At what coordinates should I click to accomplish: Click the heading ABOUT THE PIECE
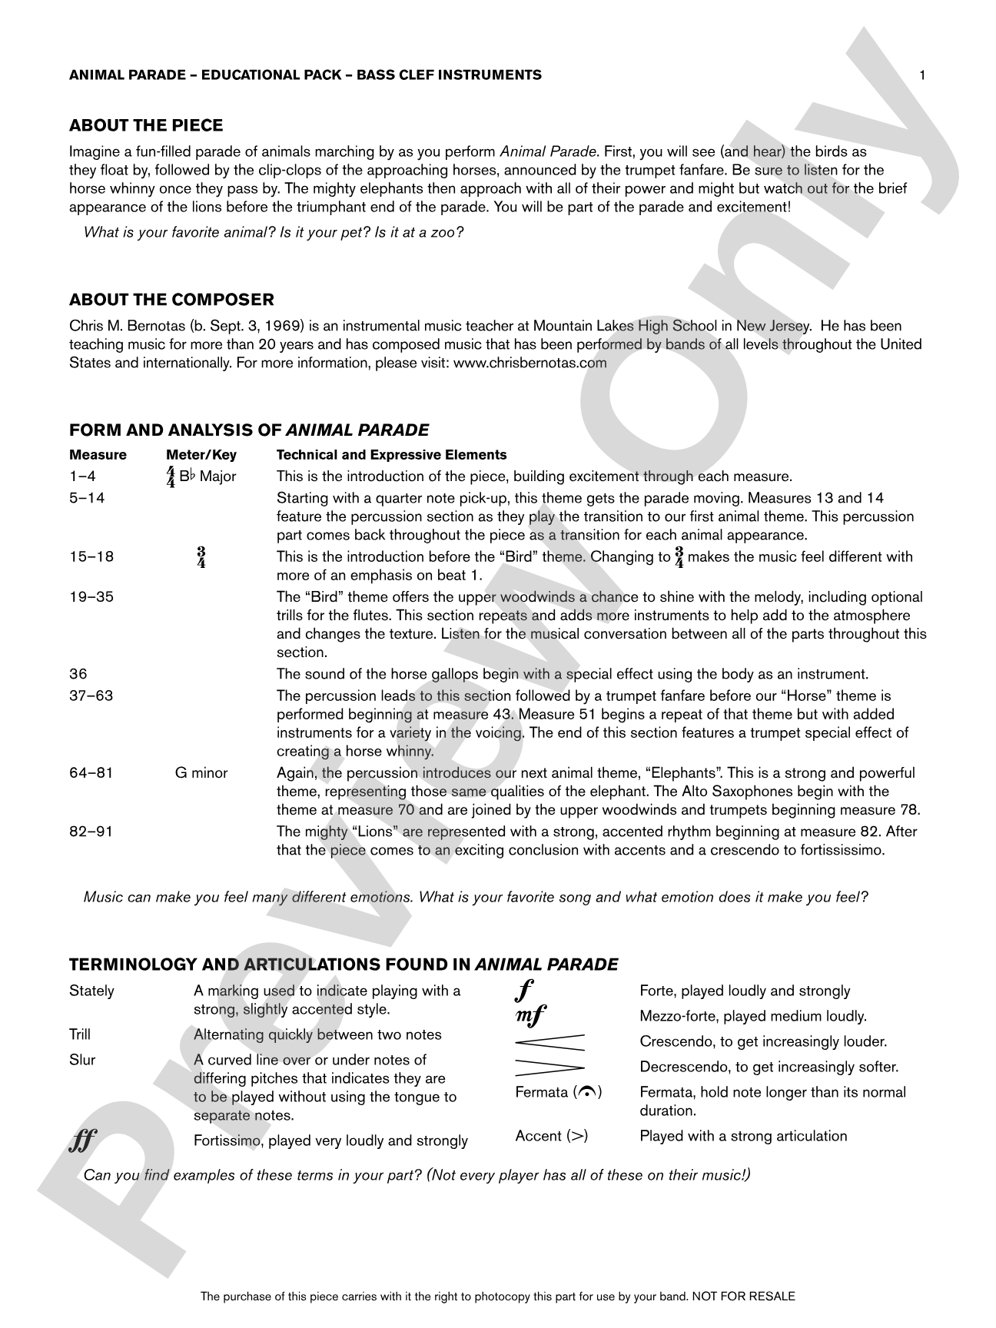tap(146, 125)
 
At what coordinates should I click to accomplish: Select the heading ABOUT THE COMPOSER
tap(171, 299)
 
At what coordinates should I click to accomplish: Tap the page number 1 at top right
tap(922, 75)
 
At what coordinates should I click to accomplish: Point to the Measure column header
tap(98, 455)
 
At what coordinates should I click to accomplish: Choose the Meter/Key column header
tap(201, 455)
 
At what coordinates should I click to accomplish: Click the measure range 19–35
tap(91, 596)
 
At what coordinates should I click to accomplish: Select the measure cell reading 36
tap(78, 674)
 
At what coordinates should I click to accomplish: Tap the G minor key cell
tap(201, 772)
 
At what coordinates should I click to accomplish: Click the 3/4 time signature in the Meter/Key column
tap(201, 557)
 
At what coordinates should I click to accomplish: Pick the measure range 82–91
tap(91, 831)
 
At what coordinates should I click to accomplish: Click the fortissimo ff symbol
tap(82, 1142)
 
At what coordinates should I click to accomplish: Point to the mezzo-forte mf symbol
tap(530, 1016)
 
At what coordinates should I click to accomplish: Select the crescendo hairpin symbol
tap(549, 1042)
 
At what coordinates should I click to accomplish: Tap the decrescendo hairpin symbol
tap(549, 1067)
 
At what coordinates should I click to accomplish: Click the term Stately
tap(91, 991)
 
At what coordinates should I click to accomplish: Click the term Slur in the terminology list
tap(82, 1060)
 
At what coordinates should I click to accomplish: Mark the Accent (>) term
tap(552, 1136)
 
